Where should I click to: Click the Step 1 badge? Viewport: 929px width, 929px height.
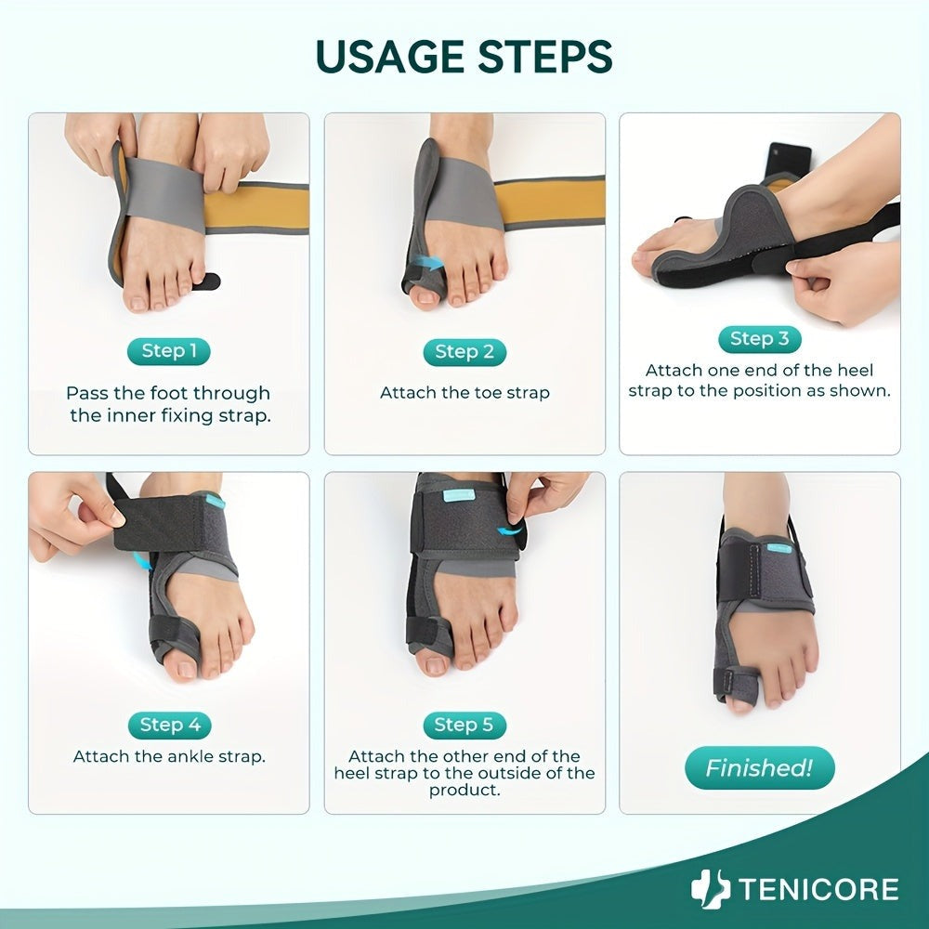coord(169,351)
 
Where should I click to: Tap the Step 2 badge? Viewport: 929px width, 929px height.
coord(464,352)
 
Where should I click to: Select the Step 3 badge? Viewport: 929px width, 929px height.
coord(760,339)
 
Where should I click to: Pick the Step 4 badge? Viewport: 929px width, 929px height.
coord(170,726)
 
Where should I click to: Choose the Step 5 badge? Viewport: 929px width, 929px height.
coord(464,726)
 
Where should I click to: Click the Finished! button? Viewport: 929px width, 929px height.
coord(760,768)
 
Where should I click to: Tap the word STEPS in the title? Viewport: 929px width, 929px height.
coord(545,57)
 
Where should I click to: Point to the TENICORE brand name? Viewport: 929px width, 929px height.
coord(818,890)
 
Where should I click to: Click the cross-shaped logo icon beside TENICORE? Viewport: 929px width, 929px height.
coord(711,889)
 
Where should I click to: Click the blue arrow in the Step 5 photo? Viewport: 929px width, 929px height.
coord(510,530)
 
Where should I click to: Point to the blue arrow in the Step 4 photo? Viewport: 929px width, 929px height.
coord(141,561)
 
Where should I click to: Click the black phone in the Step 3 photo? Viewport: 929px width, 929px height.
coord(788,161)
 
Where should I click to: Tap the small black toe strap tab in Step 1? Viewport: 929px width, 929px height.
coord(207,281)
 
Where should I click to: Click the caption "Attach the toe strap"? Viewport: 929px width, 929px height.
coord(464,393)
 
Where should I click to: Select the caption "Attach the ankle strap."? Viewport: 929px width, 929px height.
coord(169,756)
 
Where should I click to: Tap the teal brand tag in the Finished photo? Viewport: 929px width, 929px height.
coord(779,548)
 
